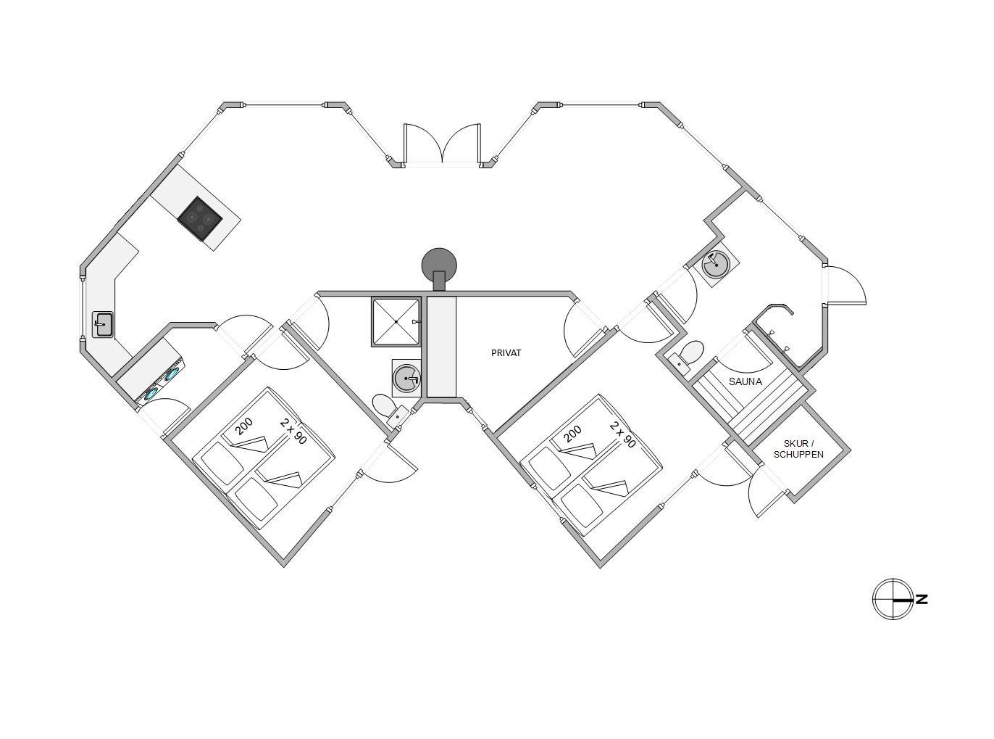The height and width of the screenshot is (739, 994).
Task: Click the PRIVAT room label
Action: pyautogui.click(x=506, y=353)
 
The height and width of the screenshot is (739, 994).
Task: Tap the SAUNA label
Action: pyautogui.click(x=745, y=381)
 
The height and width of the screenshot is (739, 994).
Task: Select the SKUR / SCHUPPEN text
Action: pyautogui.click(x=798, y=449)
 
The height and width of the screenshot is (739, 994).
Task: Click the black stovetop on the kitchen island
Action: pyautogui.click(x=201, y=217)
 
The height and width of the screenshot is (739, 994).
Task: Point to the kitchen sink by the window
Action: pyautogui.click(x=103, y=324)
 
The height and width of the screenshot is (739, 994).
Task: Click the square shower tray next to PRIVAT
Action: pyautogui.click(x=396, y=321)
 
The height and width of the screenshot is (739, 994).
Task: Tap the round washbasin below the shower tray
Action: pyautogui.click(x=406, y=379)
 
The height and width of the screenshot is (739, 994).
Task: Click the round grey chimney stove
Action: pyautogui.click(x=439, y=264)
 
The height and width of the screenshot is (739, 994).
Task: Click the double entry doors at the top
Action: pyautogui.click(x=442, y=145)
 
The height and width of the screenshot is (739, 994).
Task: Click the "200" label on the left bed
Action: pyautogui.click(x=244, y=426)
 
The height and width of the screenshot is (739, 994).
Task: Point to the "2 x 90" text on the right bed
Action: pyautogui.click(x=623, y=434)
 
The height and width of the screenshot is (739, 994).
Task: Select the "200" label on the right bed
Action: pyautogui.click(x=572, y=434)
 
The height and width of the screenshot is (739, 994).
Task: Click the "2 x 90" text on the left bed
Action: pyautogui.click(x=293, y=431)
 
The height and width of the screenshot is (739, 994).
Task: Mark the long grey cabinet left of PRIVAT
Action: pyautogui.click(x=441, y=347)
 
